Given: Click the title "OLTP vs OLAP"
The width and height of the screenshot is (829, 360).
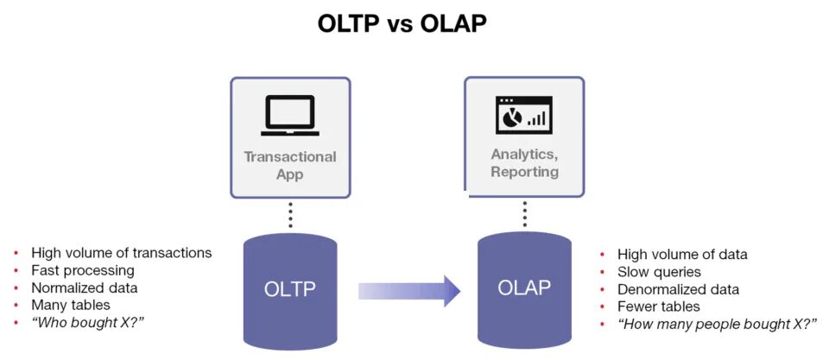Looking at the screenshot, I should pyautogui.click(x=402, y=23).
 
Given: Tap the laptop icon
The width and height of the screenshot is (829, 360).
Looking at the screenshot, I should pyautogui.click(x=290, y=116).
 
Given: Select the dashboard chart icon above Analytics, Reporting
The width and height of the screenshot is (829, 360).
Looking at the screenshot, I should pyautogui.click(x=524, y=115).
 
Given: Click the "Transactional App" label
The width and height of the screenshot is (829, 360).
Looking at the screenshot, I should pyautogui.click(x=290, y=165).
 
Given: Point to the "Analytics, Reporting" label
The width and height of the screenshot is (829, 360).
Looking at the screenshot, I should pyautogui.click(x=524, y=162).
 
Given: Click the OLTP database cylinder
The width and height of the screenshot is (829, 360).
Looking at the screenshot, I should pyautogui.click(x=290, y=289).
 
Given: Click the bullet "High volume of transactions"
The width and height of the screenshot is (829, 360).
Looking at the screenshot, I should pyautogui.click(x=121, y=253).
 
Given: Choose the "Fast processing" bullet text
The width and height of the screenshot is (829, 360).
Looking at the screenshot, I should pyautogui.click(x=83, y=270).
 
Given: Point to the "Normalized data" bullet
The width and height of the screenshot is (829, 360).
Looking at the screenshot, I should pyautogui.click(x=85, y=287).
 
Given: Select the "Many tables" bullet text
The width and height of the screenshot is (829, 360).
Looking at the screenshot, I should pyautogui.click(x=71, y=305).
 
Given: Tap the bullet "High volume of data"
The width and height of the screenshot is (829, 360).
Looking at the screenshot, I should pyautogui.click(x=682, y=255).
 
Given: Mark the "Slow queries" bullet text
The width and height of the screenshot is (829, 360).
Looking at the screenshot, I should pyautogui.click(x=659, y=272).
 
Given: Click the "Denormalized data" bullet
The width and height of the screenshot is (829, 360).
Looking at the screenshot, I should pyautogui.click(x=678, y=289).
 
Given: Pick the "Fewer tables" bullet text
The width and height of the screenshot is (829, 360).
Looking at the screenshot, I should pyautogui.click(x=659, y=306).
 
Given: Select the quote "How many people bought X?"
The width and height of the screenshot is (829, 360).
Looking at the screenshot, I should pyautogui.click(x=717, y=324).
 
